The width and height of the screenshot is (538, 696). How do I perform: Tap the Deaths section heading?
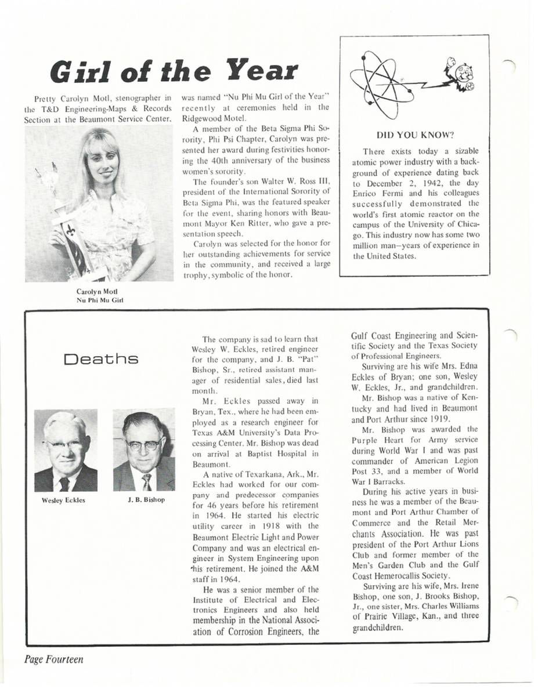[102, 359]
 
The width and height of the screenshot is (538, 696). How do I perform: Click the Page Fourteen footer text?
[53, 659]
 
